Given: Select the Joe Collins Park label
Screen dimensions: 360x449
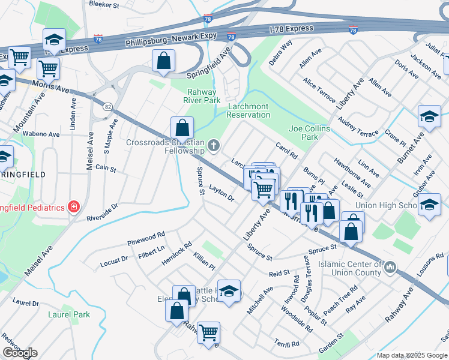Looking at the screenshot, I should (x=310, y=133).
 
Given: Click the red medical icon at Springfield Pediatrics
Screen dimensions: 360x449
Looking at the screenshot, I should (x=73, y=207).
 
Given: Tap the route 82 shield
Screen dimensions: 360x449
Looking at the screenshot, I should (x=107, y=106).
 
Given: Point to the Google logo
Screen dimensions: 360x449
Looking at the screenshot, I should (x=20, y=353).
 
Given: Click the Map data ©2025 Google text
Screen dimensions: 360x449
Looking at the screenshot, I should (x=412, y=355).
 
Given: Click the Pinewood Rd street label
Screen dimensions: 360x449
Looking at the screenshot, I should (x=146, y=238).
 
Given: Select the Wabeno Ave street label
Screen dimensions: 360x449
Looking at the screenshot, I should (x=44, y=135).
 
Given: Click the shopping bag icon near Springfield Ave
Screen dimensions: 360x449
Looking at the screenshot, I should (x=163, y=61).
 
